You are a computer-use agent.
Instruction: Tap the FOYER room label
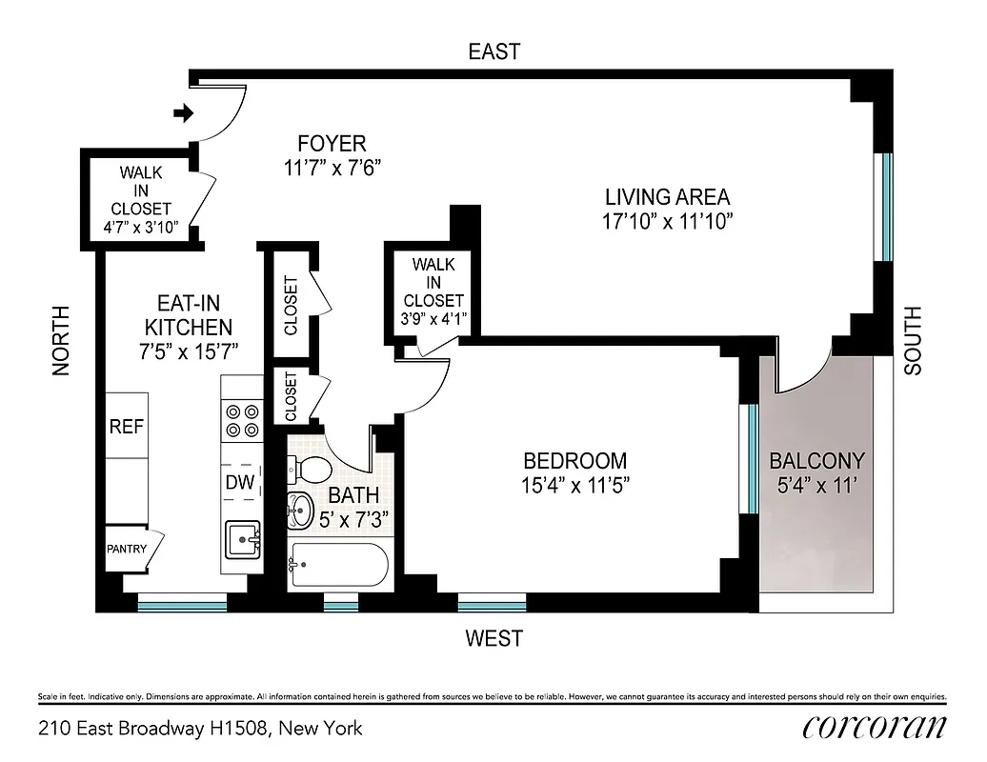pos(332,144)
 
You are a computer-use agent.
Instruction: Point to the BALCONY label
pos(816,461)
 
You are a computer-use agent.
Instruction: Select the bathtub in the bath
pos(338,568)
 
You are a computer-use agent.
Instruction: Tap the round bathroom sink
pos(299,511)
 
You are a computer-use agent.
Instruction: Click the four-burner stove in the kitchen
pos(241,421)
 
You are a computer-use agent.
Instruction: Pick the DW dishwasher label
pos(240,483)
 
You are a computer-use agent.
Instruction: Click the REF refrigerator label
pos(126,427)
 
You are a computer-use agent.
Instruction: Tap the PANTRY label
pos(126,550)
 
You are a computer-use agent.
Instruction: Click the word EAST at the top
pos(494,51)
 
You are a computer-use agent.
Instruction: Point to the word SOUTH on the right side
pos(913,341)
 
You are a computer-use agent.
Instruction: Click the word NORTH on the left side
pos(61,341)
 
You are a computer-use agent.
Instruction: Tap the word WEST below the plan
pos(495,638)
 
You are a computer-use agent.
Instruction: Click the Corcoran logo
pos(874,727)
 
